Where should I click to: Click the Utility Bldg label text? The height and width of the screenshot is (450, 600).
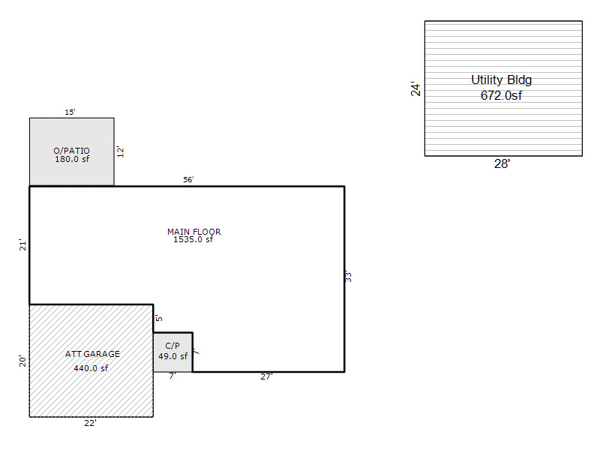pyautogui.click(x=501, y=80)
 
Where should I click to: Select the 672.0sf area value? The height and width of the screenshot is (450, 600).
pyautogui.click(x=501, y=95)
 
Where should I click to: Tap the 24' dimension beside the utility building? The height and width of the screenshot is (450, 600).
pyautogui.click(x=415, y=88)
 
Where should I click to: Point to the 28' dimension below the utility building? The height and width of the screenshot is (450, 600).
pyautogui.click(x=502, y=163)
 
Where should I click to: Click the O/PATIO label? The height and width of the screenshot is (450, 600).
pyautogui.click(x=71, y=151)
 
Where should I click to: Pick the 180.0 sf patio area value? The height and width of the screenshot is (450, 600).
pyautogui.click(x=72, y=159)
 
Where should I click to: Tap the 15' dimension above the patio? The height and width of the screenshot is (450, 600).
pyautogui.click(x=70, y=112)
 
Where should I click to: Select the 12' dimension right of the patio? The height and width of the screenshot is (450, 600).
pyautogui.click(x=121, y=151)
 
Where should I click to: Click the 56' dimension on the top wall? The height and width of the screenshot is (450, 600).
pyautogui.click(x=188, y=179)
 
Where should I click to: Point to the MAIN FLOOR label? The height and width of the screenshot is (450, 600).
pyautogui.click(x=194, y=232)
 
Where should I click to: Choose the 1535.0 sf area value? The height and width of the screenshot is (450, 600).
pyautogui.click(x=193, y=239)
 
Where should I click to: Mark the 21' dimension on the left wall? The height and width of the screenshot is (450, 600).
pyautogui.click(x=23, y=245)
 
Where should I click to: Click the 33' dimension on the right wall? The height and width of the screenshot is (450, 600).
pyautogui.click(x=348, y=276)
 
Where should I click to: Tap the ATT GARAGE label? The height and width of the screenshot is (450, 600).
pyautogui.click(x=92, y=354)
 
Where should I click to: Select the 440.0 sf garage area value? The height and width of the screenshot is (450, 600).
pyautogui.click(x=91, y=368)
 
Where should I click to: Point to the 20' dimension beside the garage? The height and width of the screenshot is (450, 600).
pyautogui.click(x=23, y=361)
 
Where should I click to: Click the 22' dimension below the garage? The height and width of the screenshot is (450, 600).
pyautogui.click(x=90, y=423)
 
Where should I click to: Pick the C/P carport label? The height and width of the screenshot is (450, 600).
pyautogui.click(x=172, y=346)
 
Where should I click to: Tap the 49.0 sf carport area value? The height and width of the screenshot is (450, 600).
pyautogui.click(x=173, y=356)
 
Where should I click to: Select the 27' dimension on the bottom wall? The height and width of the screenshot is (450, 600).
pyautogui.click(x=266, y=376)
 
